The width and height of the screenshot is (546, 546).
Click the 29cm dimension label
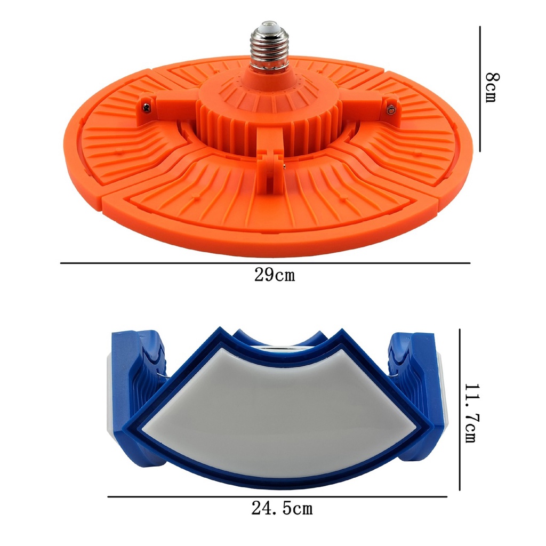275,275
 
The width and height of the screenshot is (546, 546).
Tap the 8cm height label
492,87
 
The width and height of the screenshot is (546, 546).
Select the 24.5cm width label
282,508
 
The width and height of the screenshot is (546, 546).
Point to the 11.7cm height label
473,413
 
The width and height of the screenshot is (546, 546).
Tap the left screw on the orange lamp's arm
147,108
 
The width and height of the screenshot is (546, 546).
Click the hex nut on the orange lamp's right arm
391,110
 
